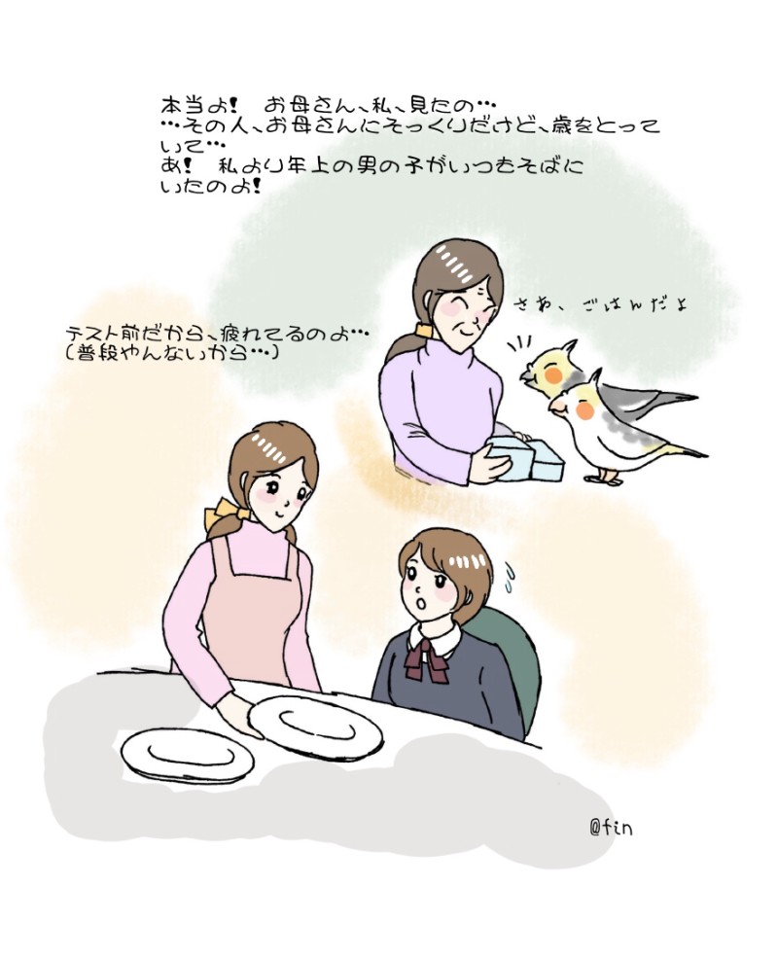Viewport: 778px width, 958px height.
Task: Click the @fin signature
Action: pos(610,828)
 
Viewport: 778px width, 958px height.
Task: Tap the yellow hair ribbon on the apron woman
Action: pos(225,512)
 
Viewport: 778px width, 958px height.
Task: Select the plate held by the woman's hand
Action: pos(315,728)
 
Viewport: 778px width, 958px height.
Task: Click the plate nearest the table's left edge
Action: pos(188,755)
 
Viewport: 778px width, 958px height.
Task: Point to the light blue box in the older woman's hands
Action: pos(526,457)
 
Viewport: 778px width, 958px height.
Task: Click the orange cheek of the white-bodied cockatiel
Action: pos(585,411)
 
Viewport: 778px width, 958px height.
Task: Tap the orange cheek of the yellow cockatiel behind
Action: pos(552,373)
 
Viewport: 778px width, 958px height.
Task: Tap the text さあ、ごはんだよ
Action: pos(599,303)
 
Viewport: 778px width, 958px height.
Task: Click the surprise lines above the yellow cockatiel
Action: pos(519,344)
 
